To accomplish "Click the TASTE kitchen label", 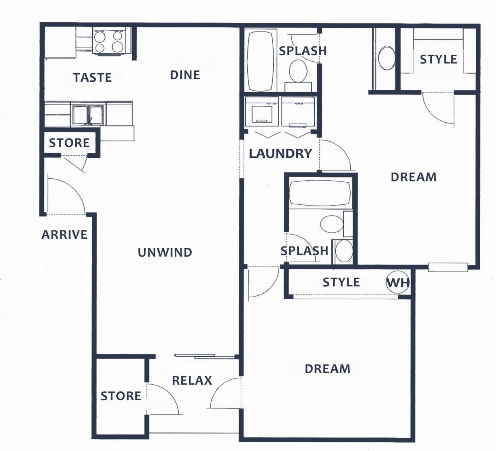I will click(x=92, y=77).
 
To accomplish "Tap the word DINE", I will click(x=185, y=75).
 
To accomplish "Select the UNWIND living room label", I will click(x=165, y=252).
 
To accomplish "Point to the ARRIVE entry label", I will click(x=64, y=235).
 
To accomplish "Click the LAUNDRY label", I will click(x=280, y=153).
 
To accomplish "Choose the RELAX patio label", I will click(x=192, y=380).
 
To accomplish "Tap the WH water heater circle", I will click(x=397, y=282).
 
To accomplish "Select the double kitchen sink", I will click(x=88, y=114).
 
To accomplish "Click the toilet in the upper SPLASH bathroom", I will click(x=298, y=71).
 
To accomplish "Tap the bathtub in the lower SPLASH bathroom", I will click(x=320, y=193).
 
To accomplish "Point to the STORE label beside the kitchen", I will click(x=69, y=143).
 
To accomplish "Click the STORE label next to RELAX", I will click(x=121, y=396).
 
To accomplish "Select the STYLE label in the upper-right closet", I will click(x=438, y=60).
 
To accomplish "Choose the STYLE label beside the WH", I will click(x=341, y=282).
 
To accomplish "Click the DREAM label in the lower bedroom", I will click(x=327, y=369).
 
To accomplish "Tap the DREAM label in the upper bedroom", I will click(x=413, y=177).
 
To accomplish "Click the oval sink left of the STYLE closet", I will click(x=387, y=58).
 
